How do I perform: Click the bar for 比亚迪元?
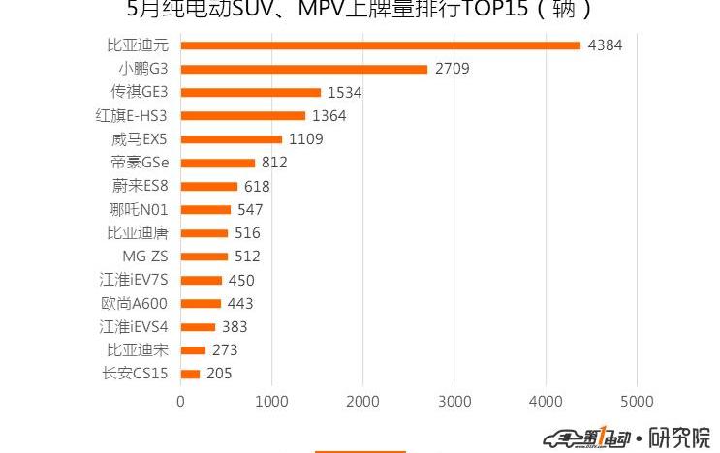coord(380,45)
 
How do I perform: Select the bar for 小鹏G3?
coord(303,69)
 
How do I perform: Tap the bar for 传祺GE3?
coord(250,92)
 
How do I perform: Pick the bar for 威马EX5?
coord(231,139)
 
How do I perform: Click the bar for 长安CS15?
coord(190,374)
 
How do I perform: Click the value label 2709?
coord(452,69)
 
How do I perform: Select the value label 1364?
coord(329,116)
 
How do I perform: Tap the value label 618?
coord(257,187)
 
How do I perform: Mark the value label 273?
coord(225,350)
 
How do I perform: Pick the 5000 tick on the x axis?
coord(636,400)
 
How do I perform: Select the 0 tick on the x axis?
coord(181,400)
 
